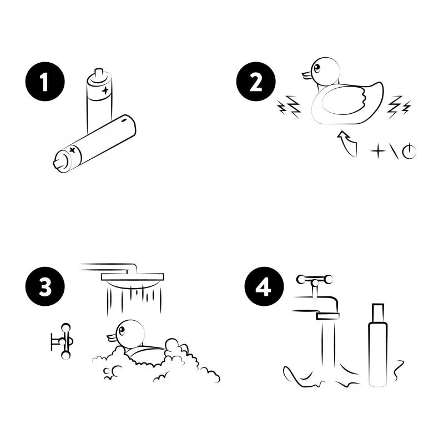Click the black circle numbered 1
45,82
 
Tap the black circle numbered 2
256,82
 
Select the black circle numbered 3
45,286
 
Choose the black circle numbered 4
264,286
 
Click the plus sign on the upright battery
105,90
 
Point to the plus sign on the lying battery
73,149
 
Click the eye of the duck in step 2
316,68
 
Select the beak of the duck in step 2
307,75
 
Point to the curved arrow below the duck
347,143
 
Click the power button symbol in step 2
409,151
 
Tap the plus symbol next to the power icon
378,151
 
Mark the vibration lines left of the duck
289,107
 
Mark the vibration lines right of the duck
399,107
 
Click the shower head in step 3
133,280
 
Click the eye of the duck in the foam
122,330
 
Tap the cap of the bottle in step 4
378,314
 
